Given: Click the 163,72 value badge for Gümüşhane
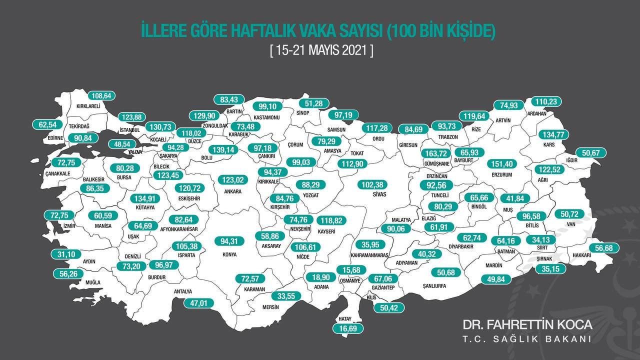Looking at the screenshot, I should pos(434,153).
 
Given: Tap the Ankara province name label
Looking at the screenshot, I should pos(233,191).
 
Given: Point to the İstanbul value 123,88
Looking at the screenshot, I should pos(132,117).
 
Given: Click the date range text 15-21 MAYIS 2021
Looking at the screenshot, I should pos(320,50).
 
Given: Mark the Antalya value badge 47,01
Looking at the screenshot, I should pos(198,302).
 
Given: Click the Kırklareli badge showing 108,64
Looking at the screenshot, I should pos(102,95).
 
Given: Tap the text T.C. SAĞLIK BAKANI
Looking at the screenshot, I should pos(527,339).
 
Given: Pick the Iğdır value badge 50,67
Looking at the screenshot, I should pos(590,152).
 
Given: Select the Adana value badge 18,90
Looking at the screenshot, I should pos(321,276).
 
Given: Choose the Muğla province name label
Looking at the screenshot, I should pos(92,282).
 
